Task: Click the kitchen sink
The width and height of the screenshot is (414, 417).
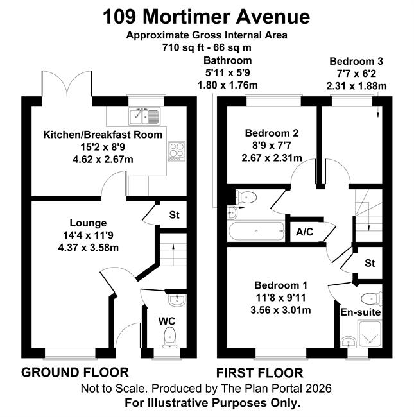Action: (144, 116)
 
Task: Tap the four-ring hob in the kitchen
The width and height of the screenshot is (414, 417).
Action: (177, 151)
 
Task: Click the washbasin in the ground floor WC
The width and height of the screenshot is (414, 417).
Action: (177, 300)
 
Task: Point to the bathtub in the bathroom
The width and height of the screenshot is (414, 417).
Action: (256, 231)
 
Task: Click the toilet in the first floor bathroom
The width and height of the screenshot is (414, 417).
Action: (246, 198)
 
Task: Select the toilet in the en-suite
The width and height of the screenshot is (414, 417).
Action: (372, 299)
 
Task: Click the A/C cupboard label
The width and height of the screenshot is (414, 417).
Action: (305, 232)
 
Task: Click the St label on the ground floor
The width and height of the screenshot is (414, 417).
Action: (175, 215)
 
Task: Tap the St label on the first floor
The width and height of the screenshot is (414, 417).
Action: (370, 263)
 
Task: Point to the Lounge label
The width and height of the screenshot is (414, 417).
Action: (88, 223)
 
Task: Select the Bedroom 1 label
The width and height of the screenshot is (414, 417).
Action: (280, 285)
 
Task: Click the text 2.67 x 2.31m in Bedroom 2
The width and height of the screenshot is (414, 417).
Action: (272, 158)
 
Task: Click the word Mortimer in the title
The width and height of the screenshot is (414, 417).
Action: (186, 17)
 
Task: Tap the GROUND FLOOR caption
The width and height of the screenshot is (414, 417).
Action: (75, 372)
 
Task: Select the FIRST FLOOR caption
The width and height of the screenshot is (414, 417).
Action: (260, 373)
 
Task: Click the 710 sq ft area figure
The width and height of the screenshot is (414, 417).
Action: (183, 47)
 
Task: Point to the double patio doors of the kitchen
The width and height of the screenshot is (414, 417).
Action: (67, 84)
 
